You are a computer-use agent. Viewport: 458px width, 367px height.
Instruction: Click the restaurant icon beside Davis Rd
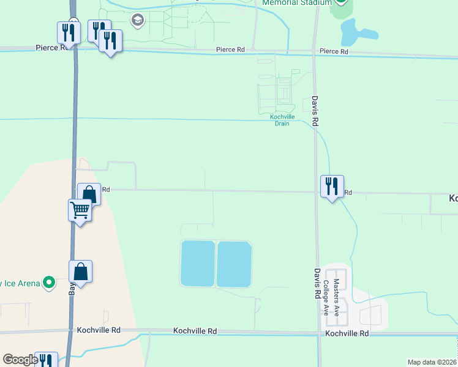pyautogui.click(x=332, y=186)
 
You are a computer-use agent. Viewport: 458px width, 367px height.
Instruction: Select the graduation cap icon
pyautogui.click(x=138, y=21)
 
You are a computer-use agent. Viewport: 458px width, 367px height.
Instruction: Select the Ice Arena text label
pyautogui.click(x=20, y=283)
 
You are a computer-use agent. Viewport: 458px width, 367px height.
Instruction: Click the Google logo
pyautogui.click(x=20, y=360)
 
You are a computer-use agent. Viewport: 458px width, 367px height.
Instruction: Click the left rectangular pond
pyautogui.click(x=197, y=264)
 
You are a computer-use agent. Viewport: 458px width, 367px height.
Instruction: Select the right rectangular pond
pyautogui.click(x=235, y=264)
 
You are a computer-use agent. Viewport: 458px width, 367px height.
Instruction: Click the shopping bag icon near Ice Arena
pyautogui.click(x=81, y=271)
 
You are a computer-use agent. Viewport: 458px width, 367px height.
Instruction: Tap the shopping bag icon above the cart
pyautogui.click(x=89, y=195)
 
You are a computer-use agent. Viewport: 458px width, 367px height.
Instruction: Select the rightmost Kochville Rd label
pyautogui.click(x=347, y=333)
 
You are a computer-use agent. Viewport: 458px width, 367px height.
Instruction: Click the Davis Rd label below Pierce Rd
pyautogui.click(x=315, y=110)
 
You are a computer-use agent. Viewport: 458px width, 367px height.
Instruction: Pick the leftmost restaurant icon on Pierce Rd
pyautogui.click(x=69, y=33)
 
